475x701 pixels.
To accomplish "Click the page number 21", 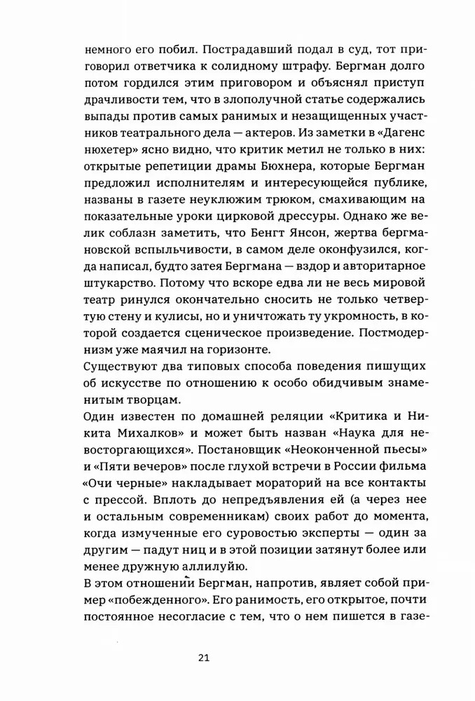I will [x=204, y=658].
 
